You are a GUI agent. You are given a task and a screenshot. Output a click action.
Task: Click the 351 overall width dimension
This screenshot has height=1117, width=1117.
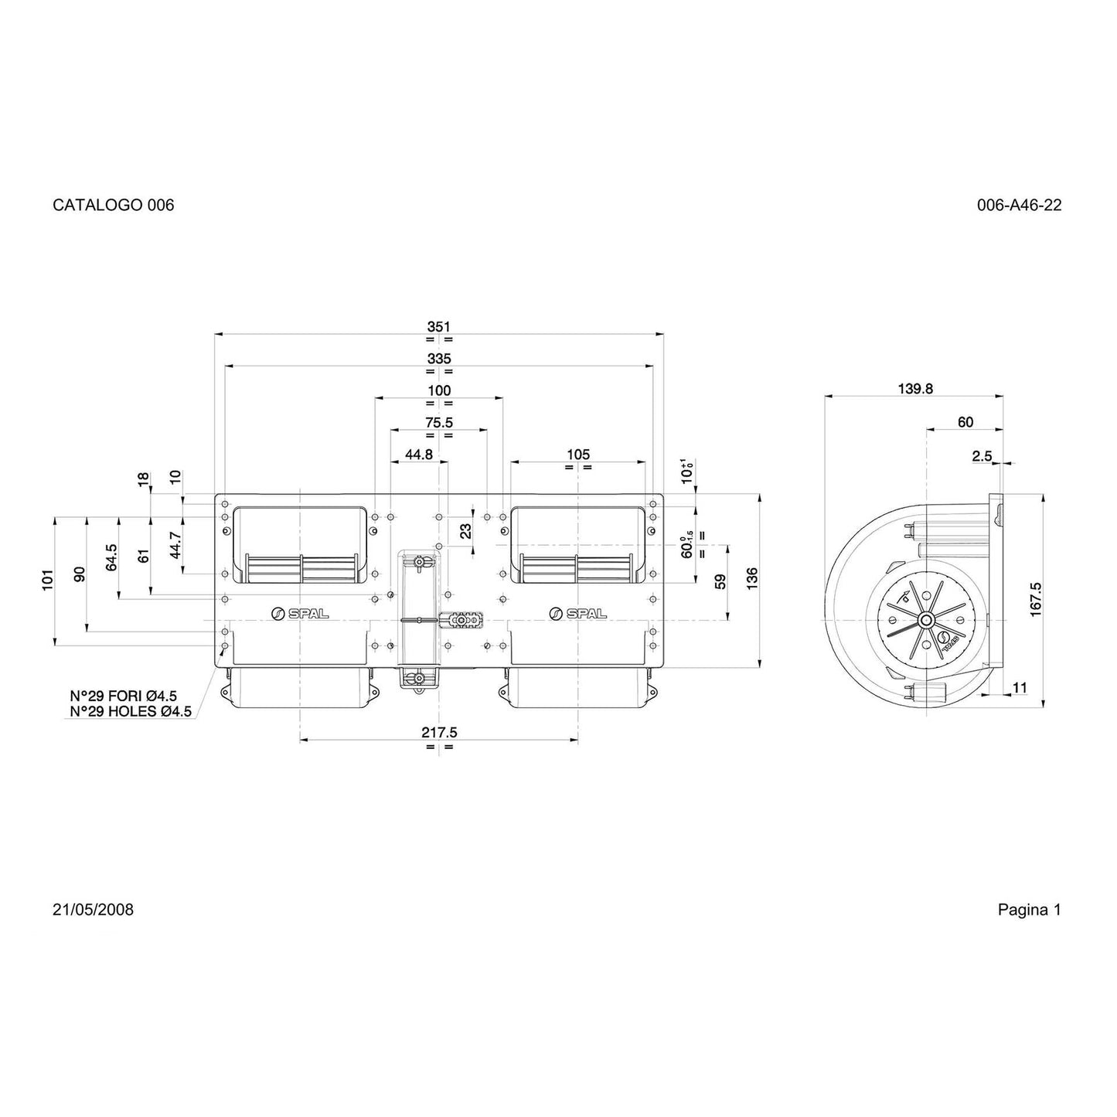pyautogui.click(x=439, y=327)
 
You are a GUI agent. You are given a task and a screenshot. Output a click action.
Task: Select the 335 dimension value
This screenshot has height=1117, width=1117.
pyautogui.click(x=439, y=359)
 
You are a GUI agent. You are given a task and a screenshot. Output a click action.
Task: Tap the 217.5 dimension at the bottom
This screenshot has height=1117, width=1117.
pyautogui.click(x=439, y=733)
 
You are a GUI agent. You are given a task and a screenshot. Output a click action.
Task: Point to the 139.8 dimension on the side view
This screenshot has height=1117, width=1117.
pyautogui.click(x=915, y=389)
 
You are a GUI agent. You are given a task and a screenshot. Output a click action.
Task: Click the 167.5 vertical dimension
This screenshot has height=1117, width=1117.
pyautogui.click(x=1036, y=600)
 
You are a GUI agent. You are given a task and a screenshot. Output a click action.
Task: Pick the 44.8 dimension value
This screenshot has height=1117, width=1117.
pyautogui.click(x=418, y=455)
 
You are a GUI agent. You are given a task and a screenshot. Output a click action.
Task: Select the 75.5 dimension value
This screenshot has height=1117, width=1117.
pyautogui.click(x=439, y=423)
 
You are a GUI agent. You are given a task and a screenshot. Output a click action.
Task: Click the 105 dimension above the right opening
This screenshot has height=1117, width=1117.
pyautogui.click(x=578, y=455)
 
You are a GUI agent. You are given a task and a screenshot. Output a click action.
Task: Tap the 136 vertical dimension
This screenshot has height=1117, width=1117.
pyautogui.click(x=752, y=579)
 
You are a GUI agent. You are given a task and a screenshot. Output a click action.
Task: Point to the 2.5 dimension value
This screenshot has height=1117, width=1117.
pyautogui.click(x=982, y=456)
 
